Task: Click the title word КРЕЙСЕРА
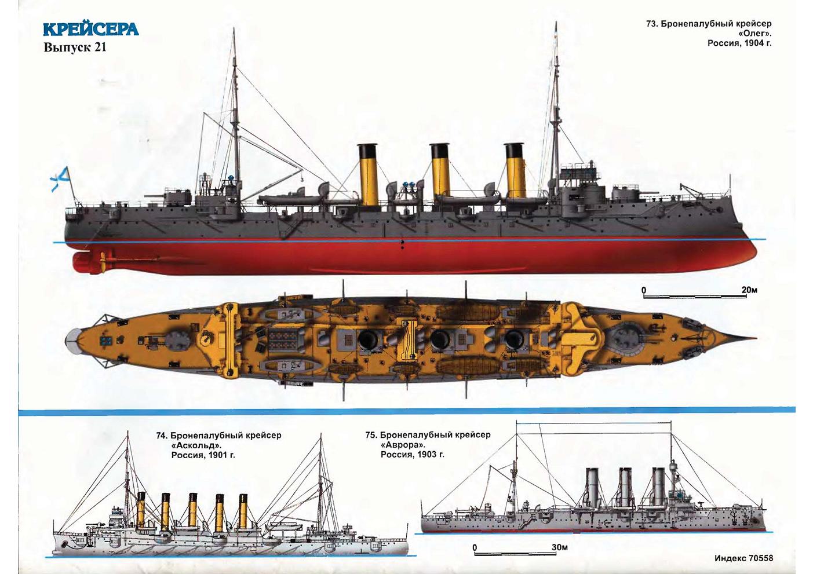(x=91, y=30)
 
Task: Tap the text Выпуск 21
(x=75, y=47)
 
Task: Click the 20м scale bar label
(x=749, y=290)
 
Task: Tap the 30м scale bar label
(x=560, y=547)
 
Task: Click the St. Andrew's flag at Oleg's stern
(x=60, y=177)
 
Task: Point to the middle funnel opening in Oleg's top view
(x=440, y=338)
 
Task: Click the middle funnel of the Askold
(x=192, y=511)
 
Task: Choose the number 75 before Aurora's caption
(x=371, y=435)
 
